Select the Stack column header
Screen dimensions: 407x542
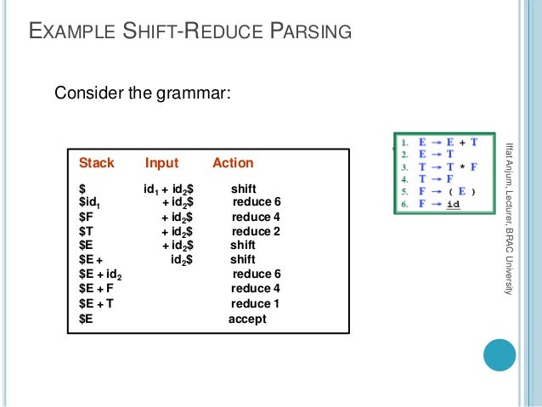click(x=97, y=162)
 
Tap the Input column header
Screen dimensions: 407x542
click(x=161, y=162)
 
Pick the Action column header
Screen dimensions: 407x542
click(x=233, y=162)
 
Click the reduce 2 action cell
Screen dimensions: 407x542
click(x=256, y=231)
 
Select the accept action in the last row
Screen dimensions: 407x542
click(x=247, y=319)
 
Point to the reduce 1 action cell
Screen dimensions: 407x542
click(x=255, y=303)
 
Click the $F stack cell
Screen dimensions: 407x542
click(x=86, y=217)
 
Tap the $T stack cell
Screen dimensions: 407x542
click(x=86, y=231)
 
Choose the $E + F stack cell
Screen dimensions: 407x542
click(x=96, y=289)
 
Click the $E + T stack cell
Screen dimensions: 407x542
click(x=96, y=303)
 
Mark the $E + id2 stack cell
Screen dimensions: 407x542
click(x=100, y=274)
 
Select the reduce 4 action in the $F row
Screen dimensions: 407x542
click(x=256, y=217)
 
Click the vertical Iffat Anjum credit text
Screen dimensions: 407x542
click(x=508, y=218)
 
